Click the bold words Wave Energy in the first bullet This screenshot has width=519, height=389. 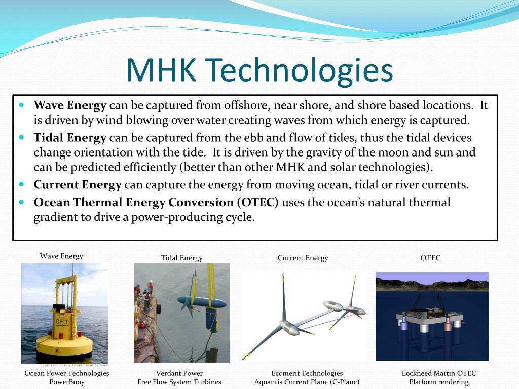pyautogui.click(x=70, y=106)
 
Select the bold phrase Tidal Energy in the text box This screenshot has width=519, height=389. pyautogui.click(x=70, y=138)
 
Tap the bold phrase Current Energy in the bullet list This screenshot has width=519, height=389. pyautogui.click(x=78, y=185)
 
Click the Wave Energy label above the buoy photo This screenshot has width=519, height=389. pyautogui.click(x=61, y=256)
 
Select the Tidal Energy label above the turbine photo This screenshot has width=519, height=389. pyautogui.click(x=181, y=258)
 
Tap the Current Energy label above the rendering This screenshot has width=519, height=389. pyautogui.click(x=303, y=258)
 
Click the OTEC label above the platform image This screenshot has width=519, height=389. pyautogui.click(x=430, y=258)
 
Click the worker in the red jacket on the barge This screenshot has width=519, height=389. pyautogui.click(x=150, y=288)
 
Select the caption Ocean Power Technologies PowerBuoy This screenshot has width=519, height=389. pyautogui.click(x=67, y=377)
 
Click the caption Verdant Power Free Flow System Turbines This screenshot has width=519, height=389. pyautogui.click(x=179, y=377)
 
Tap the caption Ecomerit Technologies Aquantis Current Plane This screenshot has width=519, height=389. pyautogui.click(x=307, y=377)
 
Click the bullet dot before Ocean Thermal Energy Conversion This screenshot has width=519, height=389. pyautogui.click(x=22, y=201)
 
